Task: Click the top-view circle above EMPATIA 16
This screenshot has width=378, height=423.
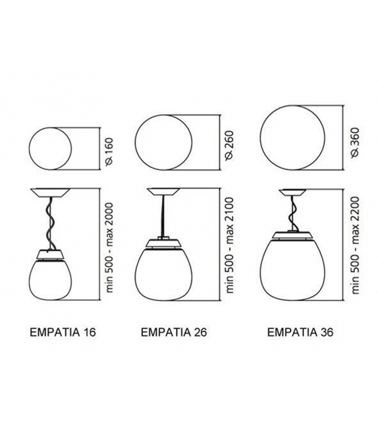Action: tap(51, 150)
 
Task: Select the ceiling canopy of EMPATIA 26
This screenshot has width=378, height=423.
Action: tap(163, 192)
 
